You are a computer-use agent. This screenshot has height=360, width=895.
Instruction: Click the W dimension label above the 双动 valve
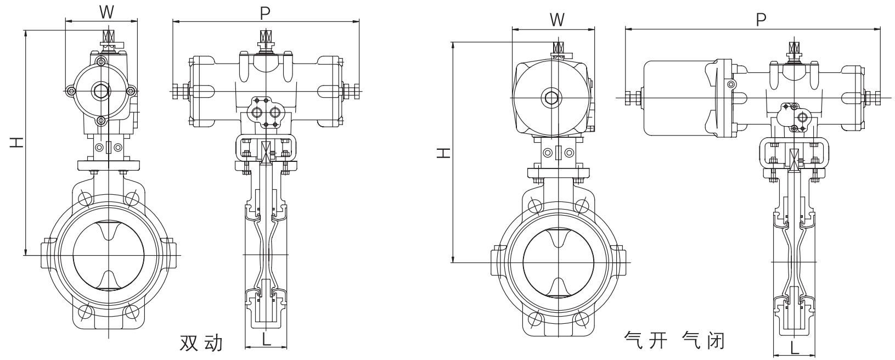106,12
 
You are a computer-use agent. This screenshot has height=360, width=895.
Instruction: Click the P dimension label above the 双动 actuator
266,13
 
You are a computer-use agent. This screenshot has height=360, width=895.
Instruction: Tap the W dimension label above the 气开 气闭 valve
557,20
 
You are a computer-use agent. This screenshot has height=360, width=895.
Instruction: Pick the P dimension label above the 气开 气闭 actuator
761,20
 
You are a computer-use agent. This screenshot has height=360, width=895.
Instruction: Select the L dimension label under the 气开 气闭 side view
794,347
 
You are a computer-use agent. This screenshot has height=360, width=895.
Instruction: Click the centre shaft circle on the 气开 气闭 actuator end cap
550,98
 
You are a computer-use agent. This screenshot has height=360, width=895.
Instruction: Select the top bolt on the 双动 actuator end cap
101,61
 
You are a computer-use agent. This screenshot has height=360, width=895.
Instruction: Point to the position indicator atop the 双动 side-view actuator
266,39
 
